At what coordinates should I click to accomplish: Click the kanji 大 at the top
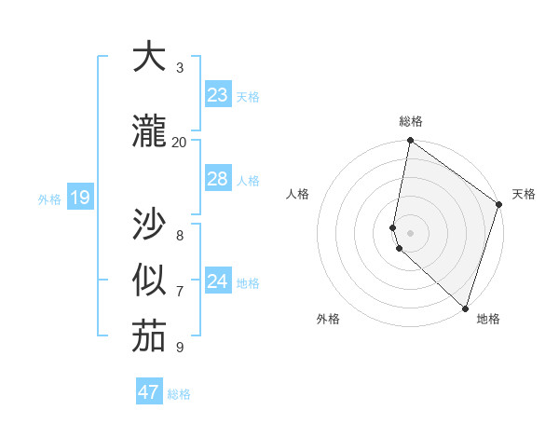[x=148, y=59]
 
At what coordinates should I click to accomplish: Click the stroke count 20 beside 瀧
[x=179, y=142]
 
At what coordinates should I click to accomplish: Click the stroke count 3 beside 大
[x=180, y=68]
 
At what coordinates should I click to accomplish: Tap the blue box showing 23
[x=218, y=95]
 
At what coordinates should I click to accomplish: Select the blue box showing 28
[x=218, y=179]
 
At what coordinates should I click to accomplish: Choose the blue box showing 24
[x=218, y=281]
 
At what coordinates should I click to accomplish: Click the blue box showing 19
[x=79, y=198]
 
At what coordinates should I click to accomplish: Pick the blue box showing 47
[x=149, y=392]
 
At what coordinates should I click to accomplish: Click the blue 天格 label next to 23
[x=248, y=97]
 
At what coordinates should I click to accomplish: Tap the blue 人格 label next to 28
[x=248, y=181]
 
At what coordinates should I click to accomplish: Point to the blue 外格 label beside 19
[x=49, y=199]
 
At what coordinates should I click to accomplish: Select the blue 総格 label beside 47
[x=179, y=394]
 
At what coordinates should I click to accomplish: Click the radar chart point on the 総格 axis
[x=410, y=141]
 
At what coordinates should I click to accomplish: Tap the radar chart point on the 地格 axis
[x=465, y=308]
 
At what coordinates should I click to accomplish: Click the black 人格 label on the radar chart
[x=297, y=194]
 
